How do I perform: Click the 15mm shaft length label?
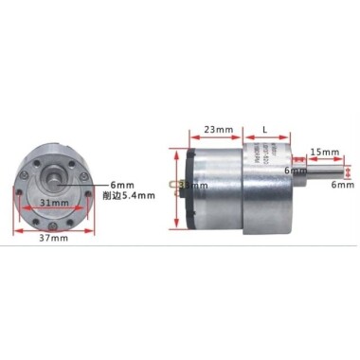[325, 151]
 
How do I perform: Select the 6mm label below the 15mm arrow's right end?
[342, 186]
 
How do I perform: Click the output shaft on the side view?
[322, 171]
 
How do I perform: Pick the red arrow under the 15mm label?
[324, 161]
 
